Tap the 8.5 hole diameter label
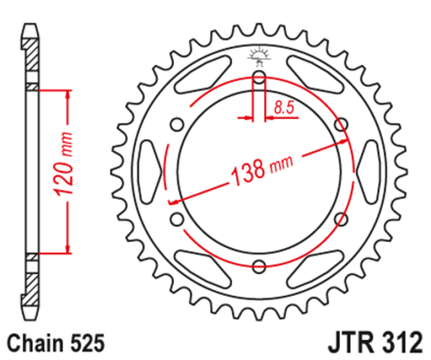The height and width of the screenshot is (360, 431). point(284,108)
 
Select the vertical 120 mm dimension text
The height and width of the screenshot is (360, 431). point(64,164)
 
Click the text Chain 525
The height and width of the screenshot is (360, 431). point(56,343)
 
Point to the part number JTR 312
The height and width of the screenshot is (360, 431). point(375,342)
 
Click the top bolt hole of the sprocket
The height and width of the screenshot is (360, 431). point(258,77)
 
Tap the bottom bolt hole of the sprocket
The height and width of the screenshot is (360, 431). point(258,266)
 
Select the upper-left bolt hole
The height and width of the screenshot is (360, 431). point(177,124)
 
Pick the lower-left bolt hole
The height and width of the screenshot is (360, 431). point(177,219)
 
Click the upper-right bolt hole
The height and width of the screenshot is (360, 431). point(341,124)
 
